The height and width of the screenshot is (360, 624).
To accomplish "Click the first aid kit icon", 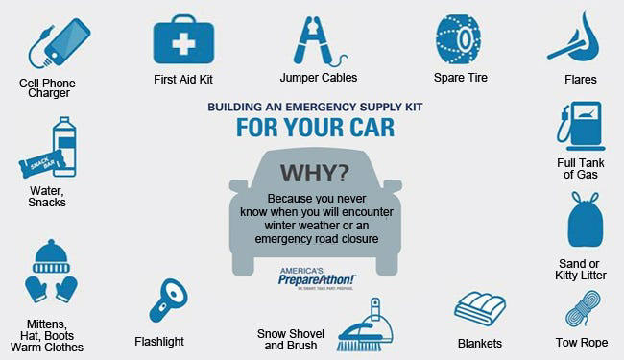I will [183, 38].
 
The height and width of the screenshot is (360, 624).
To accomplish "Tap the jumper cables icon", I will [317, 38].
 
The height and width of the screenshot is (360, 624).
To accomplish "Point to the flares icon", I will [573, 36].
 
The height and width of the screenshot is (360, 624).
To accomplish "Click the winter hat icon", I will [52, 255].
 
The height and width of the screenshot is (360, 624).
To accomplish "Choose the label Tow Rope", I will [581, 342].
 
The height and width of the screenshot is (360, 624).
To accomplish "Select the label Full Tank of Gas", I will [580, 169].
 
